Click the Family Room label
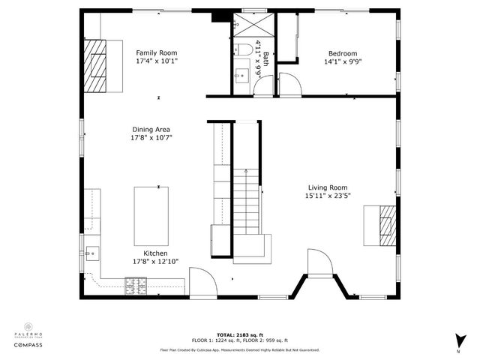coord(157,52)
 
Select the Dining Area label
coord(151,129)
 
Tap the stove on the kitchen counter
coord(135,284)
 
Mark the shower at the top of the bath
coord(242,24)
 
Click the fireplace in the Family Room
coord(95,65)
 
